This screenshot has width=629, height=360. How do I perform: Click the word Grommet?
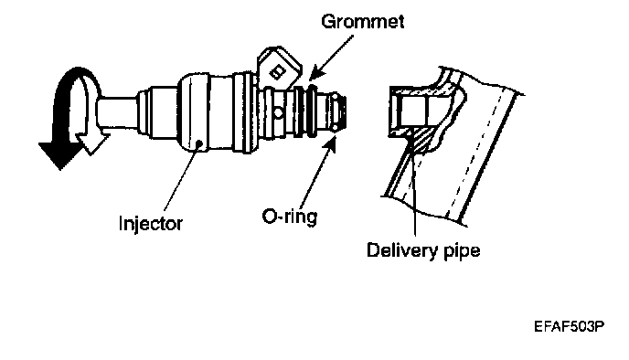pos(362,21)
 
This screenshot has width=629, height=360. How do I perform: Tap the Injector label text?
pos(151,223)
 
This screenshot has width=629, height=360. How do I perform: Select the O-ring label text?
pos(290,217)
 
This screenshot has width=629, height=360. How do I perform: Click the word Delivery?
pos(402,251)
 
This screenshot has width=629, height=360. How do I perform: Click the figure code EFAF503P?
pos(569,326)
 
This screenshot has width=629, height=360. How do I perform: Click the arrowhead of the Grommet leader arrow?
pos(317,72)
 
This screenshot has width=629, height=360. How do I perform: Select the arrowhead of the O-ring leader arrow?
pos(331,143)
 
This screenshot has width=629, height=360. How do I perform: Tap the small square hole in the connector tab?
pos(277,72)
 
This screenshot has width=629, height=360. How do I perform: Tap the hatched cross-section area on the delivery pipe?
pos(422,141)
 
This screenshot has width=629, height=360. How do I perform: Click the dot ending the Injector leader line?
pos(198,143)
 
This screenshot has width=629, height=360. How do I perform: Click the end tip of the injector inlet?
pos(344,112)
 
